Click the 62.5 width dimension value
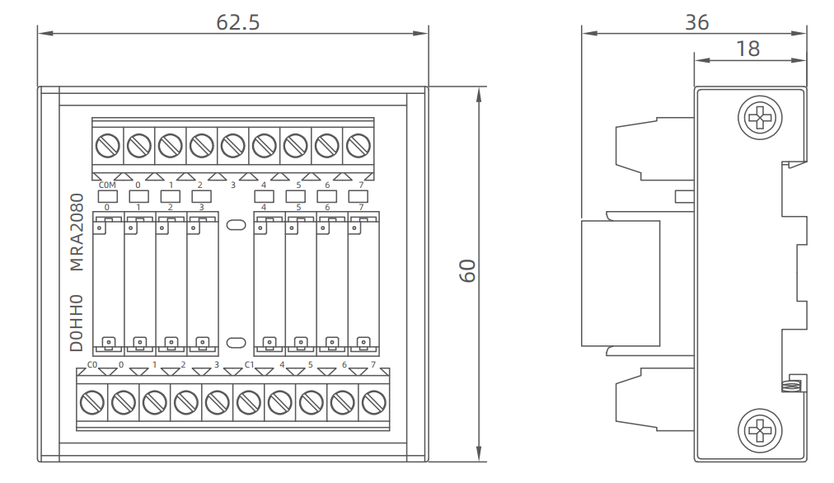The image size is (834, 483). coord(237,22)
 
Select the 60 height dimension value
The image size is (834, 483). coord(468,271)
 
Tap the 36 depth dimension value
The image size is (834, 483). coord(696,22)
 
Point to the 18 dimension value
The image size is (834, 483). coord(747,49)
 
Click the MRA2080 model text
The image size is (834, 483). coord(77,232)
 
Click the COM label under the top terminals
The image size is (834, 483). coord(106,185)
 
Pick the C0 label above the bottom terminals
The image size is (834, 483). coord(92,364)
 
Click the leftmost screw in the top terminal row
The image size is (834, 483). coord(107,146)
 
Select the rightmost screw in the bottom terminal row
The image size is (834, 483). coord(373,401)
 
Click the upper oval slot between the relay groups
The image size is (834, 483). coord(235,223)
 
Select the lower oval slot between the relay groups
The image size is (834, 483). coord(235,341)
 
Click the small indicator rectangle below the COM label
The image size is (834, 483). coord(107,196)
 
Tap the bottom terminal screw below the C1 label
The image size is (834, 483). coord(248,401)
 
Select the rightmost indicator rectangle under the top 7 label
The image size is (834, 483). coord(358,196)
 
